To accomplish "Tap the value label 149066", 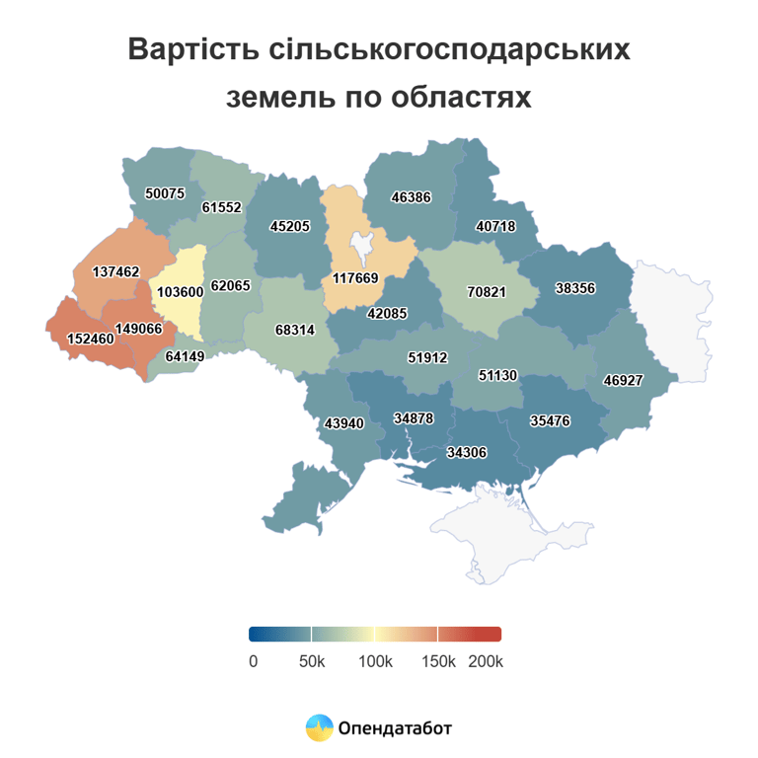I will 138,328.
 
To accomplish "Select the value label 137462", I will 115,271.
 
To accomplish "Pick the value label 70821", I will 486,292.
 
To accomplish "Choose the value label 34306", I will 467,453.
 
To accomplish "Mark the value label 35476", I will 550,419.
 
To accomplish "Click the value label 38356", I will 575,289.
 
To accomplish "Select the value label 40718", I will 495,226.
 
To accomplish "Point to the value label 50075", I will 165,193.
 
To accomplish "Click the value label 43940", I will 344,423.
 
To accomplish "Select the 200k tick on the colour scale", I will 485,661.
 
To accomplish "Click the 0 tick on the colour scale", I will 254,661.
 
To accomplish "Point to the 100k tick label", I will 375,661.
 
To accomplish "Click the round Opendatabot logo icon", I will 319,728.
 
